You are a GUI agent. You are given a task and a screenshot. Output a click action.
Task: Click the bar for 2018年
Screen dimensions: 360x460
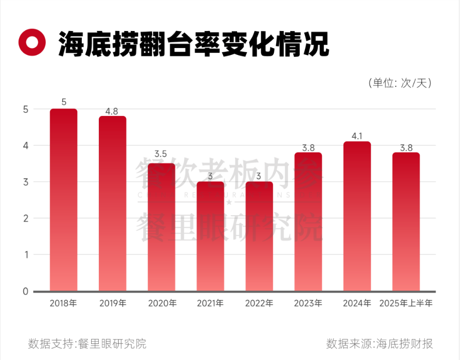pos(64,200)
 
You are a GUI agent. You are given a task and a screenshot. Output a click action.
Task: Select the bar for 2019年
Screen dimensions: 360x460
pos(112,203)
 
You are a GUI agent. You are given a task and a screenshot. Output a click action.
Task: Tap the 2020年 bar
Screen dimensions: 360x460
pos(161,227)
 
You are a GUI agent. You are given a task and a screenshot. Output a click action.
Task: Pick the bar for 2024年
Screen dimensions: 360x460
pos(357,216)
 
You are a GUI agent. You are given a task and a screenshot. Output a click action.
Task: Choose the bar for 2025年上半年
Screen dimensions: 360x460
pos(406,221)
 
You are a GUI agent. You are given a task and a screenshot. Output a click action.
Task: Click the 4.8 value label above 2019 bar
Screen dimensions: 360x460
pos(112,111)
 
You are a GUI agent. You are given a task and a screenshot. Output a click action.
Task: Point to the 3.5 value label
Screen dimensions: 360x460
pos(161,154)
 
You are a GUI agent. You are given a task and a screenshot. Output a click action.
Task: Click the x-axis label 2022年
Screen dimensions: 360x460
pos(259,304)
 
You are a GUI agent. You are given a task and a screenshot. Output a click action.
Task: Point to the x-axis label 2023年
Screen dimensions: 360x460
pos(308,304)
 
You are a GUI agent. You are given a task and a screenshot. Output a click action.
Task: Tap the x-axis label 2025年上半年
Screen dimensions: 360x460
pos(406,304)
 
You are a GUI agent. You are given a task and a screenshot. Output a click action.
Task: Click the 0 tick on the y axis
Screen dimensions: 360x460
pos(24,292)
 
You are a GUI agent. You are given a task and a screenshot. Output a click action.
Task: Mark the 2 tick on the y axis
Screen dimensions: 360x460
pos(24,219)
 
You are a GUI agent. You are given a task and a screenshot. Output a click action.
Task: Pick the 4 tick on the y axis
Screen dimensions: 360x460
pos(24,146)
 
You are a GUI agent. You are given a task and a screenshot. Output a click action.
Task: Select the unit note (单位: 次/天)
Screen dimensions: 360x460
pos(399,83)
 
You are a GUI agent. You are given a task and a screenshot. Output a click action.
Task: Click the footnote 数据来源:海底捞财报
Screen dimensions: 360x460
pos(380,343)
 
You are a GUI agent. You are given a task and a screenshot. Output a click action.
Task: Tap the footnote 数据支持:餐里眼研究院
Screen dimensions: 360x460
pos(87,343)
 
